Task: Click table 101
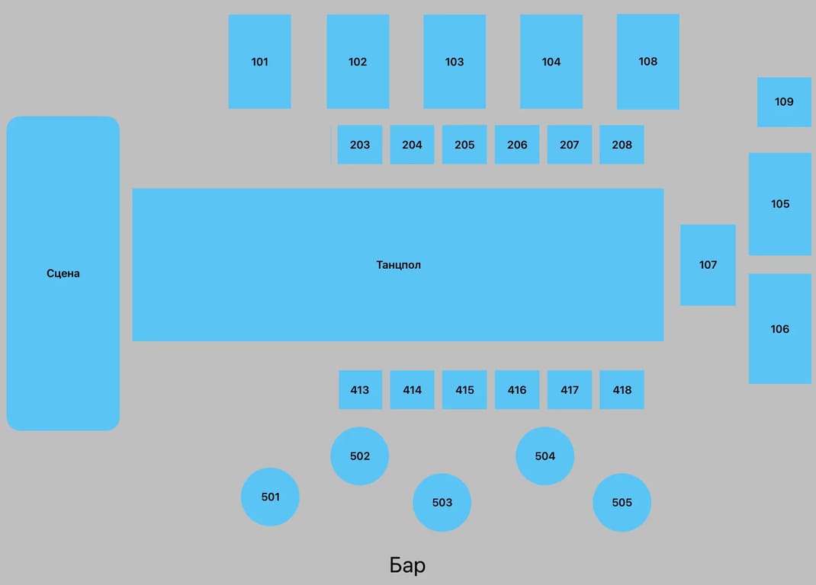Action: click(x=260, y=62)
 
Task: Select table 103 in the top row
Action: click(x=455, y=62)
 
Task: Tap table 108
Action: click(x=648, y=62)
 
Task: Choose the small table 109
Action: click(x=784, y=102)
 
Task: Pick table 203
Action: click(x=360, y=145)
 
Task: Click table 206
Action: click(x=517, y=145)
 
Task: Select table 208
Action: click(x=622, y=145)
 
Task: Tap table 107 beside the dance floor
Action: click(x=708, y=264)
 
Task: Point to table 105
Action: click(x=780, y=204)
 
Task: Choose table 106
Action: click(x=780, y=328)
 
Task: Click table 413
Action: click(x=360, y=389)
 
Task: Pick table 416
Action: click(x=517, y=389)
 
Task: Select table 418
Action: click(x=622, y=389)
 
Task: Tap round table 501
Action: click(x=270, y=497)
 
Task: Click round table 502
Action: click(x=360, y=456)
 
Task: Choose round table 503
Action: click(x=442, y=502)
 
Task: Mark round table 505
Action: click(x=622, y=502)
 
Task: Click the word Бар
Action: click(x=407, y=564)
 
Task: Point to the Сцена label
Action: click(x=63, y=273)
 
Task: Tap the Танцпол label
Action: click(x=399, y=264)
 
